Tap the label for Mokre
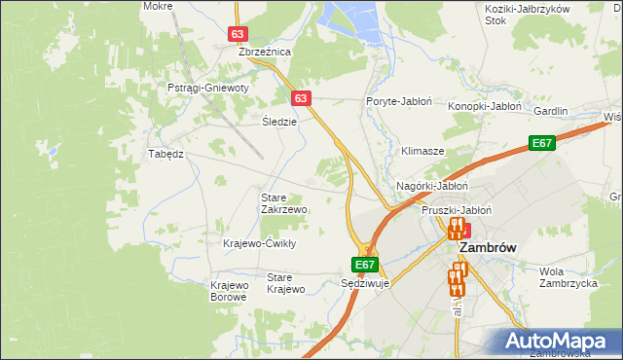coord(157,6)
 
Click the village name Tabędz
coord(165,154)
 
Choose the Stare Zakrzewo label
coord(284,203)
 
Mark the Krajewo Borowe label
coord(230,291)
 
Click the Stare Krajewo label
coord(286,283)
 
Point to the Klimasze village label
coord(422,152)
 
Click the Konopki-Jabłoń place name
coord(486,105)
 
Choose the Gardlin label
coord(550,111)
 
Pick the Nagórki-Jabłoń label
coord(433,186)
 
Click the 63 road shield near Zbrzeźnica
coord(239,34)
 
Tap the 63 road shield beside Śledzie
coord(300,98)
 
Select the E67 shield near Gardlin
coord(543,144)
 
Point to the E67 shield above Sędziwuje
coord(364,264)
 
